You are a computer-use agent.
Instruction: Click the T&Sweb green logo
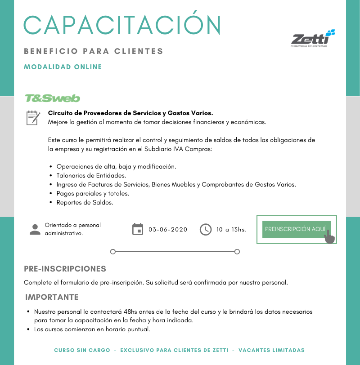tap(52, 98)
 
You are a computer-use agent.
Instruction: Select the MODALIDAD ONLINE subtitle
tap(63, 67)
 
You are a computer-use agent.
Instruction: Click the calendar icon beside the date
tap(138, 229)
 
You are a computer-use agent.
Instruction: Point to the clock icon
tap(205, 229)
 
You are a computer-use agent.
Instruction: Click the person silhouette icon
tap(35, 229)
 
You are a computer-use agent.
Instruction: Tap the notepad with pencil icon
tap(33, 117)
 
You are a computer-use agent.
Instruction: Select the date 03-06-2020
tap(168, 229)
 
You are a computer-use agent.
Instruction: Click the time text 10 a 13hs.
tap(231, 229)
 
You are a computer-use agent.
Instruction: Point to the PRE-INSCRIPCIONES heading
tap(65, 269)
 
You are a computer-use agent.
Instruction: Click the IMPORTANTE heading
tap(52, 297)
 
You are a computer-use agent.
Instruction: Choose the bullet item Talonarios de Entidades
tap(91, 175)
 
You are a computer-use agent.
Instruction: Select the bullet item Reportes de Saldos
tap(85, 202)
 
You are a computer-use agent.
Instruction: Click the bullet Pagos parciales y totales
tap(93, 193)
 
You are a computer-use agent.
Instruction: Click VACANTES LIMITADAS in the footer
tap(271, 350)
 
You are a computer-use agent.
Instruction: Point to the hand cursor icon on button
tap(330, 236)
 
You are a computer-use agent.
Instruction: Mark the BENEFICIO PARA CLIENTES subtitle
tap(94, 51)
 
